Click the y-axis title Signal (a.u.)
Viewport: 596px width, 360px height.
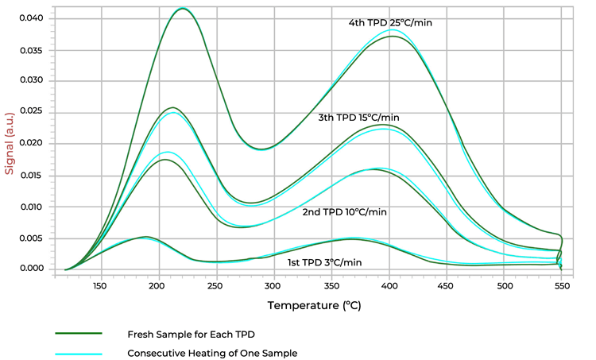[10, 142]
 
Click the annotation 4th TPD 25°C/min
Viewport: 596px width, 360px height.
[389, 23]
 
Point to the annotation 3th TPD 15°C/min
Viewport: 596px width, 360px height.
[358, 118]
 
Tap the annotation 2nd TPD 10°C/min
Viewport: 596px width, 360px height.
[344, 212]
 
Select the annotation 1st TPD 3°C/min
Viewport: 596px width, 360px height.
[324, 262]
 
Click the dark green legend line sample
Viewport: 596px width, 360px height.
[79, 334]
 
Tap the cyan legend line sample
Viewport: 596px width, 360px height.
[79, 353]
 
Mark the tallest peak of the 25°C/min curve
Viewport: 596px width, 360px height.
[184, 9]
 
